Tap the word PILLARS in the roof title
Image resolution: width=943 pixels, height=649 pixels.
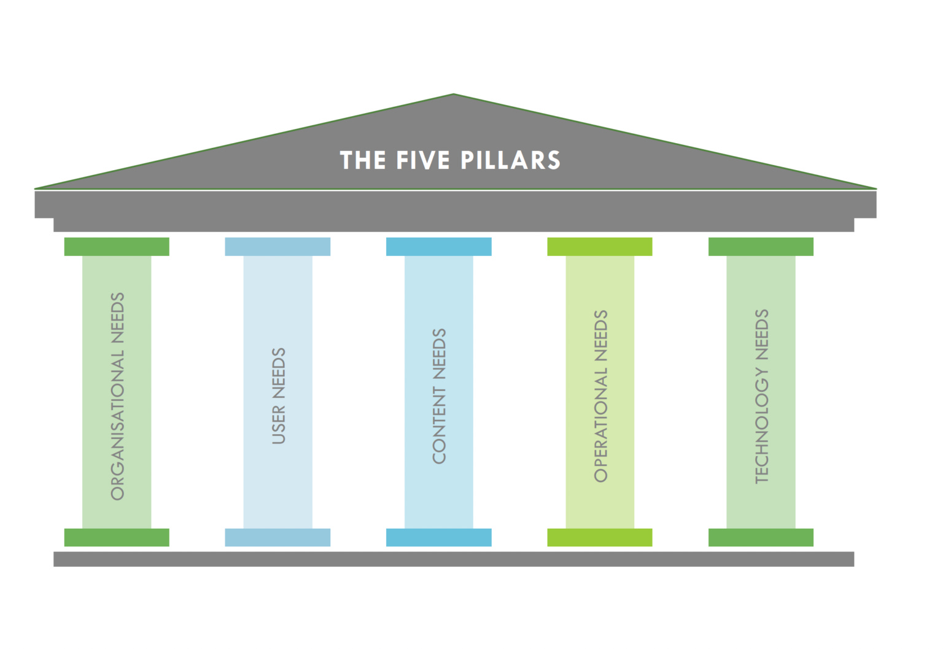pyautogui.click(x=510, y=160)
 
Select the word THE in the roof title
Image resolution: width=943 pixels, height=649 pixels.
pyautogui.click(x=363, y=160)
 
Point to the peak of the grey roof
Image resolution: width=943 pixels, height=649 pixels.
pyautogui.click(x=454, y=96)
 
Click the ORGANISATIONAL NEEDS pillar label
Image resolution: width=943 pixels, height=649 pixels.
pyautogui.click(x=117, y=396)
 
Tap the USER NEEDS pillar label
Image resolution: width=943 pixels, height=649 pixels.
pyautogui.click(x=279, y=396)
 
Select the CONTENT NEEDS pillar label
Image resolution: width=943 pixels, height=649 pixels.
pyautogui.click(x=439, y=396)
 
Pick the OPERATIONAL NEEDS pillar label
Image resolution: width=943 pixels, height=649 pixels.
pyautogui.click(x=600, y=396)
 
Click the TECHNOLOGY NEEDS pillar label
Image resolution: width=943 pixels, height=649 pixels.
pyautogui.click(x=761, y=396)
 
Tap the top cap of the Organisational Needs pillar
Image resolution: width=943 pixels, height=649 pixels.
pyautogui.click(x=117, y=247)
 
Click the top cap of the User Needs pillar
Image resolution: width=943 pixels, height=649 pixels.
pyautogui.click(x=277, y=247)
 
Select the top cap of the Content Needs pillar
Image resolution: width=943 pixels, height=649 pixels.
pyautogui.click(x=438, y=247)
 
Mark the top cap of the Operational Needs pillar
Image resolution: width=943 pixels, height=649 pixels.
pyautogui.click(x=600, y=247)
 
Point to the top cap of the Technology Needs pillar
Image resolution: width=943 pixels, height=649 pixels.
pyautogui.click(x=761, y=247)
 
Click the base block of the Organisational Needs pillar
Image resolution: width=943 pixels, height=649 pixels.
pyautogui.click(x=117, y=537)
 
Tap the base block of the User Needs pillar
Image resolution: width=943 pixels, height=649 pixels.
pyautogui.click(x=277, y=537)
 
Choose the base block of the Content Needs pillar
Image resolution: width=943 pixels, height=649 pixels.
pyautogui.click(x=438, y=537)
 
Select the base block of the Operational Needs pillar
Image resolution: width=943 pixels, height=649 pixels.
pyautogui.click(x=600, y=537)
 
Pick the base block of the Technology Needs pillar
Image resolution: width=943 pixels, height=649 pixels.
pyautogui.click(x=761, y=537)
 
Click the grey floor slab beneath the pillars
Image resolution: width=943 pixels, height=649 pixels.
pyautogui.click(x=454, y=559)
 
